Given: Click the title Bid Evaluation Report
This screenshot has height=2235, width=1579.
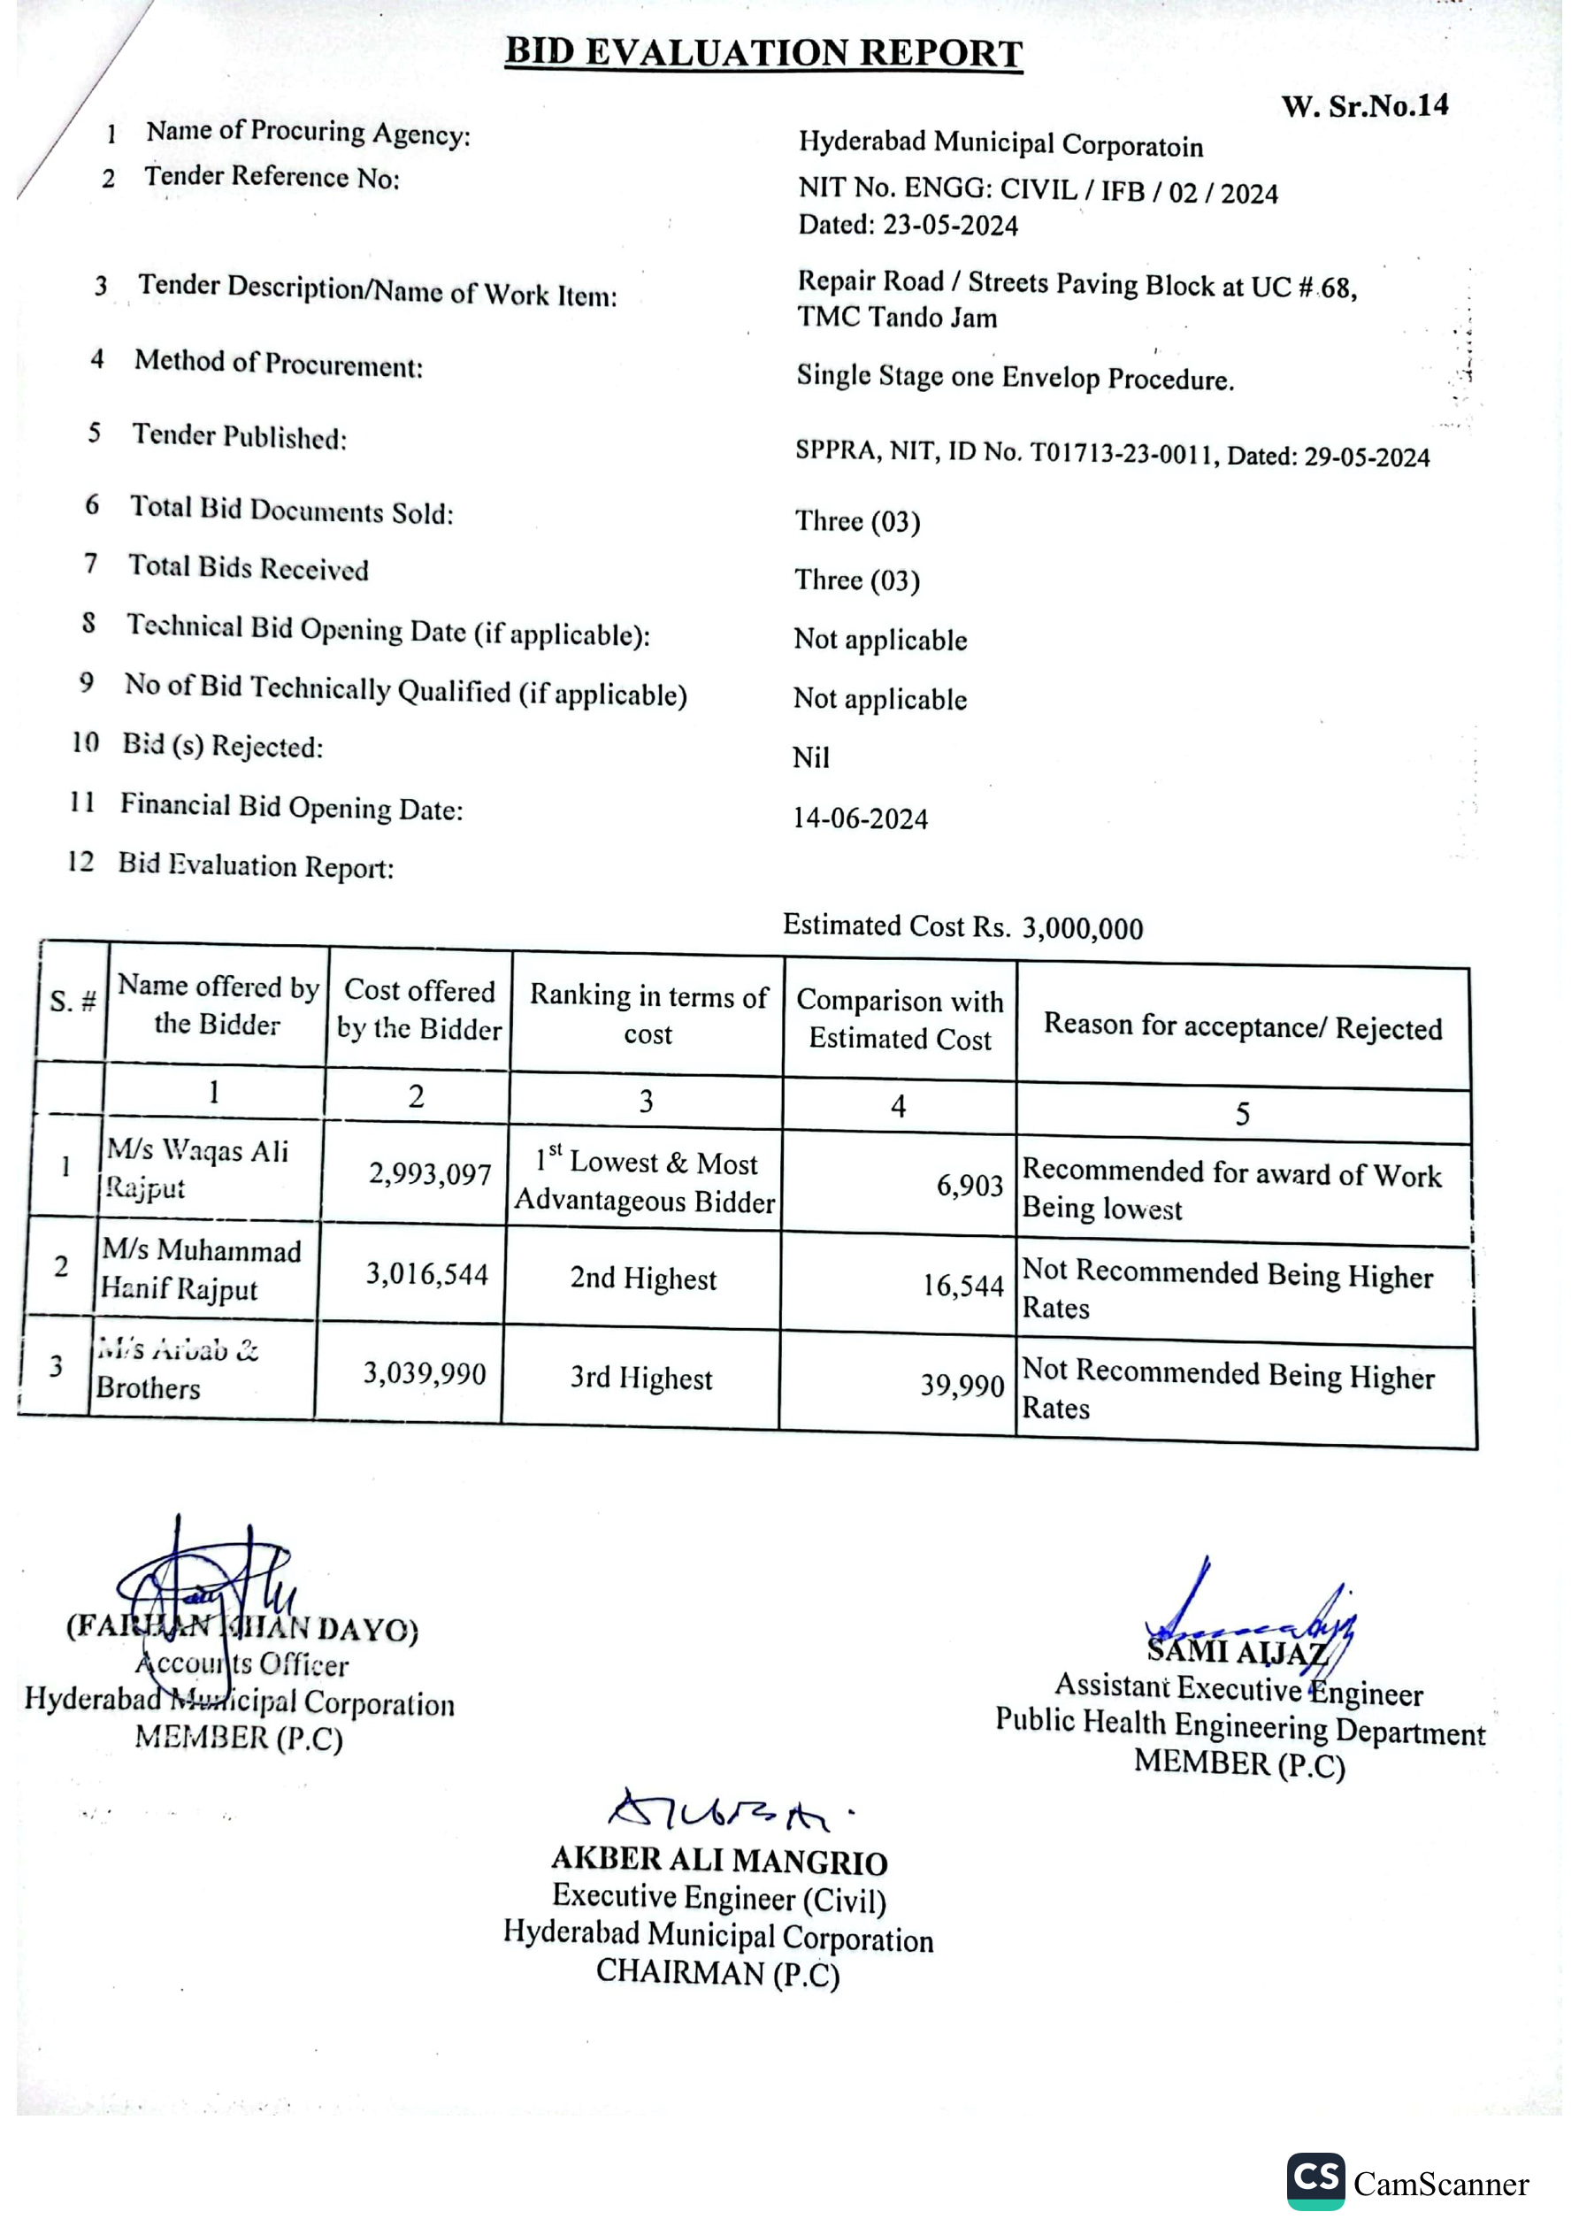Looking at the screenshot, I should [x=763, y=52].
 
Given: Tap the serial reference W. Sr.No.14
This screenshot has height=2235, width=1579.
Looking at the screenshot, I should [x=1364, y=106].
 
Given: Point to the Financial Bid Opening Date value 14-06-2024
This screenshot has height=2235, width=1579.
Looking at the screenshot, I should [x=860, y=818].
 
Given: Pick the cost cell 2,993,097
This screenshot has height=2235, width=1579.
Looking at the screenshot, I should [x=429, y=1174].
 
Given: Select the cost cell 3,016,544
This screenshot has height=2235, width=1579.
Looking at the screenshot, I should [x=426, y=1274].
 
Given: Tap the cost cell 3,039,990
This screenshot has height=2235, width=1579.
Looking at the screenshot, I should [x=425, y=1373].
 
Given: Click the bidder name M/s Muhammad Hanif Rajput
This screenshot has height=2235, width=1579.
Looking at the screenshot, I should [x=201, y=1270].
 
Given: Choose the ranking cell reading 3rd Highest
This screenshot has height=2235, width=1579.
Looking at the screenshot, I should [x=640, y=1379].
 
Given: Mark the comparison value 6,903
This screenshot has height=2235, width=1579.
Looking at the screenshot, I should [x=969, y=1186].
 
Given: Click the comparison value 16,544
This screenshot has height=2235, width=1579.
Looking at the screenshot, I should [x=962, y=1286].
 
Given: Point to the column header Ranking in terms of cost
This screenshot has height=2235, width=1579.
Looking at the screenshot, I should [x=648, y=1014].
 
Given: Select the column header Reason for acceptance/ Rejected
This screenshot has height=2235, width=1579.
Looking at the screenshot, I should [x=1242, y=1027].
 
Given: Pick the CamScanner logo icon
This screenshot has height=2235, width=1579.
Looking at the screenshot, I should [x=1315, y=2181].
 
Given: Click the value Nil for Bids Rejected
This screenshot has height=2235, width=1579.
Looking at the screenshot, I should [x=810, y=757].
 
